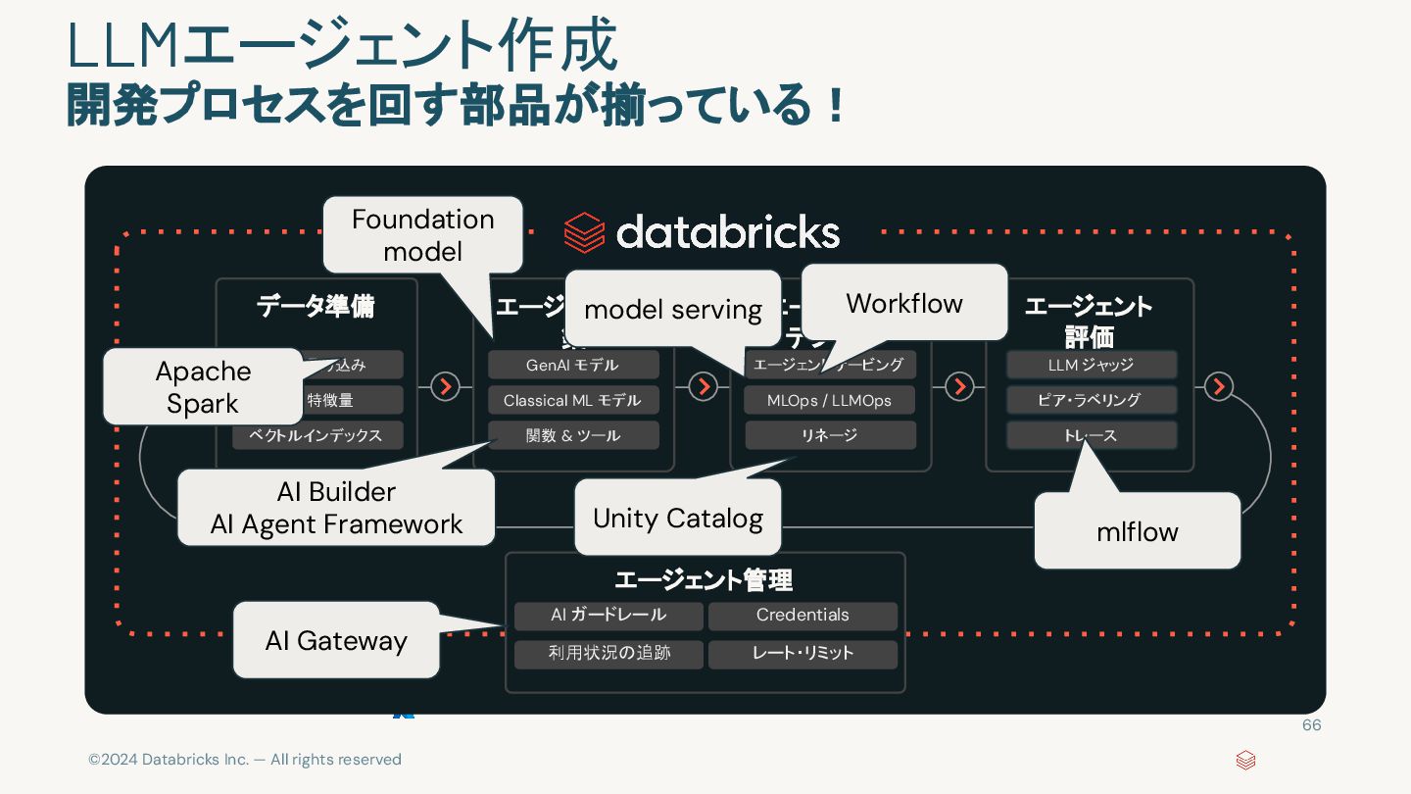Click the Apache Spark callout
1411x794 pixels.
pos(203,386)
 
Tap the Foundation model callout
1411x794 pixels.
pos(422,235)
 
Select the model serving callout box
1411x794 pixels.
pos(673,310)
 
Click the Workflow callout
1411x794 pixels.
pos(904,303)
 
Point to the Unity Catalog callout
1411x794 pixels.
pos(678,518)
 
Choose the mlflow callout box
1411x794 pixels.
pos(1137,531)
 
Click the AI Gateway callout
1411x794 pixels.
pos(336,640)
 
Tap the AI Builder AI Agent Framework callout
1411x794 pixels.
pos(336,508)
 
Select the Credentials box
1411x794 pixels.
pos(803,616)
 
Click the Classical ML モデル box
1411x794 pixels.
pos(573,400)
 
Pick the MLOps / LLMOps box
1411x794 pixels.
pos(829,400)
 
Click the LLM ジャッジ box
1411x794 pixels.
pos(1091,365)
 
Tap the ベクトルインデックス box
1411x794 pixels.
pos(317,435)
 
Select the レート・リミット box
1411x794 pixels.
pos(803,653)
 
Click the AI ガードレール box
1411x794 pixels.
pos(608,616)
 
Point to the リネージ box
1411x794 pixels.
pos(829,435)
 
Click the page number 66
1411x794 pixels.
pos(1311,725)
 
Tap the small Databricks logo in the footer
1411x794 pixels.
pos(1245,760)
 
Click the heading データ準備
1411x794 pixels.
pos(316,307)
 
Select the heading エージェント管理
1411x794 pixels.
pos(704,580)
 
